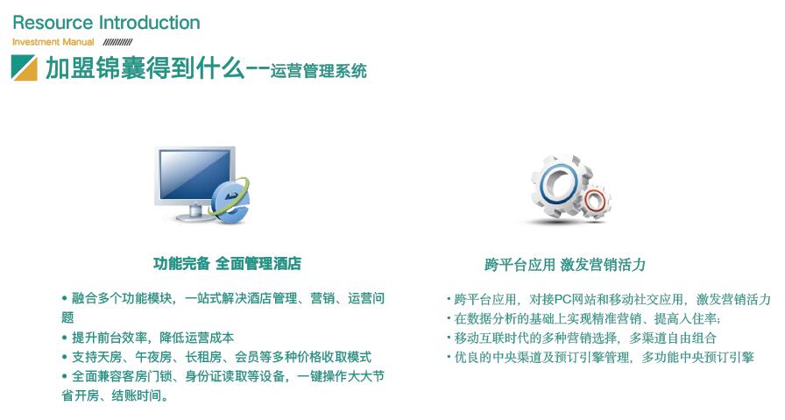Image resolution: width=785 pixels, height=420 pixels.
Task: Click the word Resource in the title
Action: coord(53,23)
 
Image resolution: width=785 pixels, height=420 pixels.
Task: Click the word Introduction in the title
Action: coord(149,23)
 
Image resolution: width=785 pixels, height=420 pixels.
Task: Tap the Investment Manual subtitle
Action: coord(53,42)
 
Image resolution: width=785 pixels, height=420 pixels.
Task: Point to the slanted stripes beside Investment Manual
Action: coord(117,42)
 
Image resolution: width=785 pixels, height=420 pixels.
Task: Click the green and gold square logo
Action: coord(24,68)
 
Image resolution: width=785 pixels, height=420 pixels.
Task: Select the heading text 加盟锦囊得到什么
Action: coord(145,68)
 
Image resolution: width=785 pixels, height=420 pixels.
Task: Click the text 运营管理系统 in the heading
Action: coord(318,71)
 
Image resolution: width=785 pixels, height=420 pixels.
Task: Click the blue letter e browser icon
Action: coord(230,202)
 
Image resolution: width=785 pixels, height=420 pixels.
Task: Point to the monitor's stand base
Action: coord(194,217)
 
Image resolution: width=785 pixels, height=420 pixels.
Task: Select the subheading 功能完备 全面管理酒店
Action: coord(227,264)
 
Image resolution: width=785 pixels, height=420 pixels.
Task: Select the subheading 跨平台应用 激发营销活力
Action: coord(565,264)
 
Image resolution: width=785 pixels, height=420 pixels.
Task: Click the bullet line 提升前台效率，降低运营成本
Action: coord(148,338)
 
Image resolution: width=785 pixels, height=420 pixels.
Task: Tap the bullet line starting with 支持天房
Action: coord(216,357)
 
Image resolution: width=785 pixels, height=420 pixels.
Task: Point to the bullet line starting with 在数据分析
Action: coord(583,318)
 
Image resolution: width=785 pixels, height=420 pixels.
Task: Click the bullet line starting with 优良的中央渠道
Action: coord(600,358)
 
